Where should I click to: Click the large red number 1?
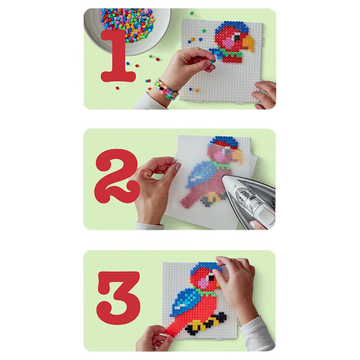118,56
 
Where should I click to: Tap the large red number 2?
117,176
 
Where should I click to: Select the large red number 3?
118,298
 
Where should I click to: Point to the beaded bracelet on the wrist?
166,90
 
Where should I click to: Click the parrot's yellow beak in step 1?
248,43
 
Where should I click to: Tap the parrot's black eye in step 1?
237,37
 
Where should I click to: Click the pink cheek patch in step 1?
228,43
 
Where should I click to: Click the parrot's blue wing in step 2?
202,173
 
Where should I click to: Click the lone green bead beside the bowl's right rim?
191,13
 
